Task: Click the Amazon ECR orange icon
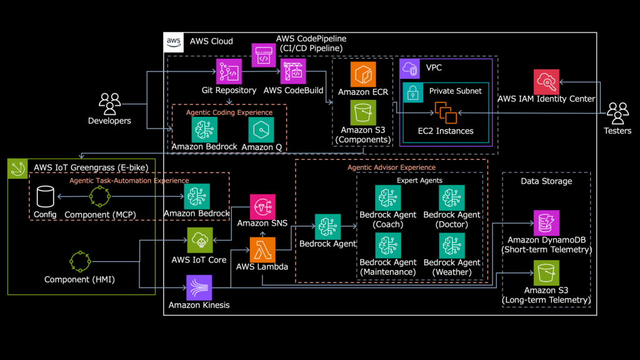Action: tap(363, 74)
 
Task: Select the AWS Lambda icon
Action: tap(262, 249)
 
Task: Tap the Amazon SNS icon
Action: tap(262, 207)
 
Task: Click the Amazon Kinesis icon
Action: tap(199, 287)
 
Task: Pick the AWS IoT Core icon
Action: tap(200, 240)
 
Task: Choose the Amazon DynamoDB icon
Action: tap(546, 223)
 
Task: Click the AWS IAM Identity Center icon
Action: tap(546, 82)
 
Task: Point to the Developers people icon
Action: tap(110, 104)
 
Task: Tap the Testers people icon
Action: tap(617, 113)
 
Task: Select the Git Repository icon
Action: tap(229, 71)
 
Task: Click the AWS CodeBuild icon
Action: tap(293, 71)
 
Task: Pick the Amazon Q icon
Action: tap(261, 130)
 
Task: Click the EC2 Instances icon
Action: tap(446, 112)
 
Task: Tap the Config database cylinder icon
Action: tap(45, 196)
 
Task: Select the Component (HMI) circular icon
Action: tap(80, 261)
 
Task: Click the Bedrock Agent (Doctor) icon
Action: tap(452, 197)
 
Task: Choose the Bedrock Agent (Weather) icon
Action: tap(452, 245)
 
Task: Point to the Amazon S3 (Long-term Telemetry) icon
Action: tap(546, 272)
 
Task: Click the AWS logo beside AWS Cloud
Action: tap(174, 42)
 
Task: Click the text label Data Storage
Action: tap(546, 181)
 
